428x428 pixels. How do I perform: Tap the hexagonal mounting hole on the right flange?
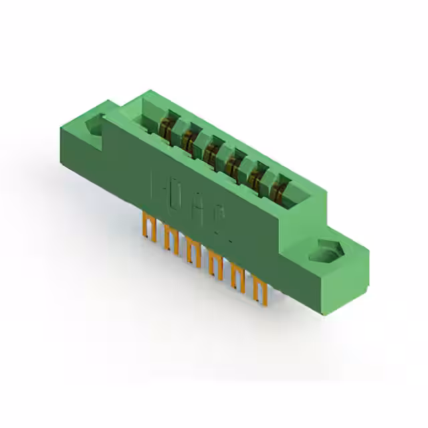(327, 250)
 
